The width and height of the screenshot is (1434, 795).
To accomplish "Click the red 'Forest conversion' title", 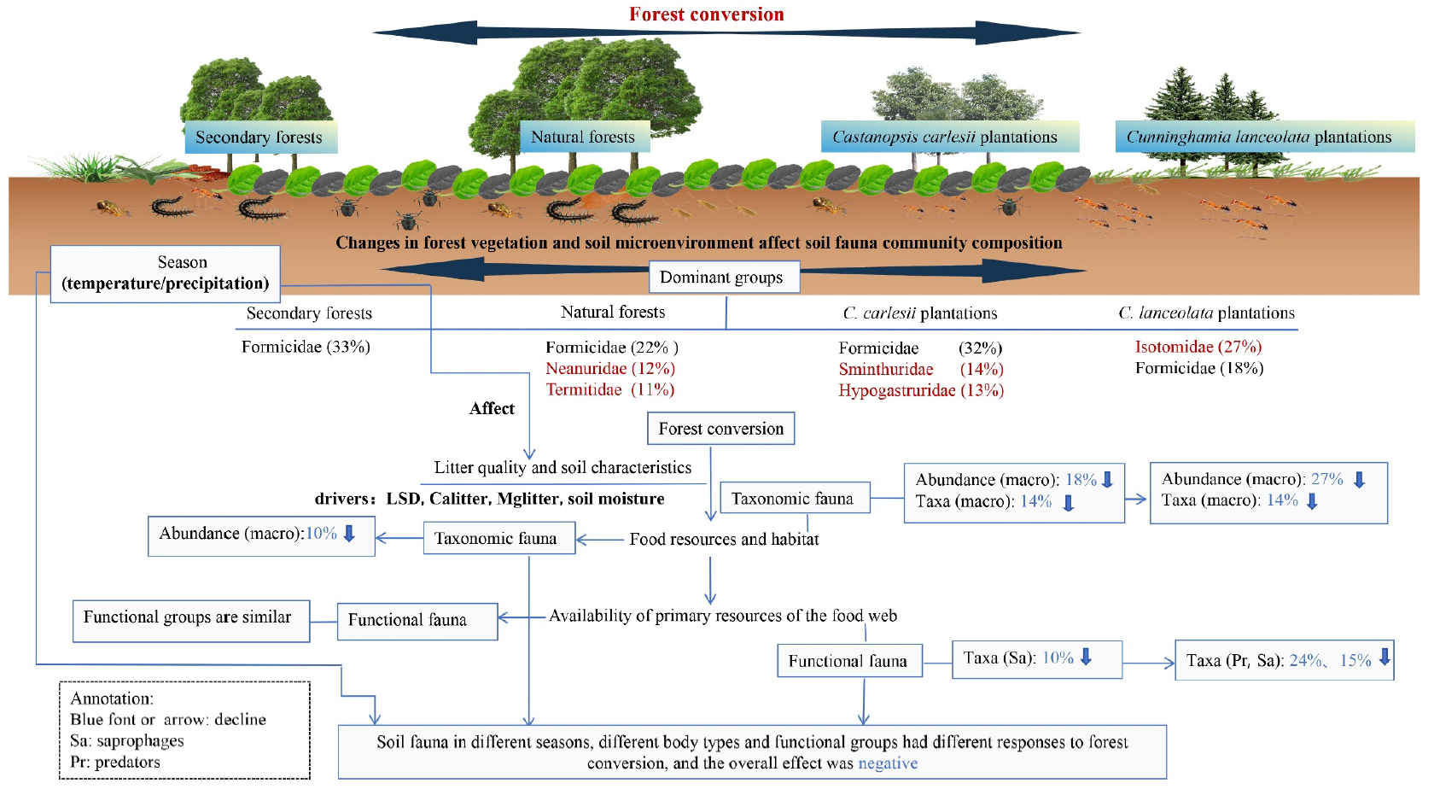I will tap(706, 15).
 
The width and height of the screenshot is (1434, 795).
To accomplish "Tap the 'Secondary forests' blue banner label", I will tap(259, 137).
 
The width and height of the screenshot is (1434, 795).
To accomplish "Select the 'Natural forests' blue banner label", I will tap(583, 137).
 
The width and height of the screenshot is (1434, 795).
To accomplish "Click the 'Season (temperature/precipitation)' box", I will tap(166, 273).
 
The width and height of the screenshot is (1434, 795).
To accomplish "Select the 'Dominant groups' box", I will tap(721, 278).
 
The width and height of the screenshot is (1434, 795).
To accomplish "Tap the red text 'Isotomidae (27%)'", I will tap(1198, 347).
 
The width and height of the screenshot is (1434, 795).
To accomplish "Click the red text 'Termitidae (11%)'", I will tap(609, 389).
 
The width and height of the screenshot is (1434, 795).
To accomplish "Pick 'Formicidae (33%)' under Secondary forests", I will tap(306, 347).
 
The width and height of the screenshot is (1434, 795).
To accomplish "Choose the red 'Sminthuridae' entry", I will tap(886, 369).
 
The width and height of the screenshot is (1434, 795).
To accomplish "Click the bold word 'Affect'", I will tap(492, 409).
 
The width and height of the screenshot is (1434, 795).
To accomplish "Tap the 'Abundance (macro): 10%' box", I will tap(260, 535).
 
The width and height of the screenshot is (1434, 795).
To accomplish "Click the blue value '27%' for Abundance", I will tap(1326, 479).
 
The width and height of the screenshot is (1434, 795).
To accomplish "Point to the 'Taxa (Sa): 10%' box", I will tap(1036, 659).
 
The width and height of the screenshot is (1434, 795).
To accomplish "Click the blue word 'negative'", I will tap(888, 763).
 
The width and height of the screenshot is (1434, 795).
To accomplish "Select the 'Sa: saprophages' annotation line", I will tap(127, 740).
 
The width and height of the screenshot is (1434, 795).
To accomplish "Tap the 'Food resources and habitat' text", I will tap(724, 540).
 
